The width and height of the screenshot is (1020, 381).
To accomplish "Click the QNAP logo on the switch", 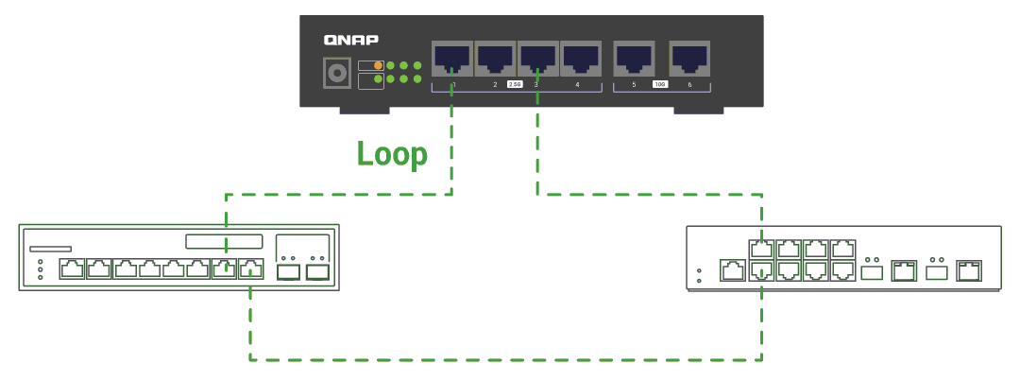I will (x=351, y=40).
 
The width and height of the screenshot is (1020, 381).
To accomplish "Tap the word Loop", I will (x=392, y=153).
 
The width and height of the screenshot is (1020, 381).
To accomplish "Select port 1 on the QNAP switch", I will (x=450, y=60).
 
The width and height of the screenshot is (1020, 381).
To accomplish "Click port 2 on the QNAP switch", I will (x=494, y=60).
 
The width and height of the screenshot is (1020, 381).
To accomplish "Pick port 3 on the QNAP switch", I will (x=537, y=60).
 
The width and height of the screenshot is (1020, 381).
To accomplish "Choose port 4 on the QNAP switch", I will (x=579, y=60).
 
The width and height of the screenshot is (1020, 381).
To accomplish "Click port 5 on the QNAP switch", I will (x=633, y=60).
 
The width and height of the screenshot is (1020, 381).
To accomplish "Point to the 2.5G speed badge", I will (x=515, y=85).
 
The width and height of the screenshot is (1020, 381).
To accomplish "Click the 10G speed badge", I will (x=660, y=85).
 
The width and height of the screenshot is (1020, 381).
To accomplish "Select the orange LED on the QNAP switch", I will (x=379, y=65).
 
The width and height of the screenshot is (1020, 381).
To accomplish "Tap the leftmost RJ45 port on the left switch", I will (x=72, y=269).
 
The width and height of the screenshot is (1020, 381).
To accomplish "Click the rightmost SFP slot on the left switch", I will (x=317, y=272).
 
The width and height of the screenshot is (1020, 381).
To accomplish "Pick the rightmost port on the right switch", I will (x=968, y=271).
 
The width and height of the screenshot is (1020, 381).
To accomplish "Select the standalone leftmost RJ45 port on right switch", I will (x=732, y=270).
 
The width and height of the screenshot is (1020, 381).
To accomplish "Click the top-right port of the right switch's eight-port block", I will (x=841, y=250).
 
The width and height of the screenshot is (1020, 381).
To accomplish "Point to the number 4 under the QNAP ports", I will (x=577, y=85).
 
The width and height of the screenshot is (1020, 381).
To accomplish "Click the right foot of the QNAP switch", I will (x=698, y=111).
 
